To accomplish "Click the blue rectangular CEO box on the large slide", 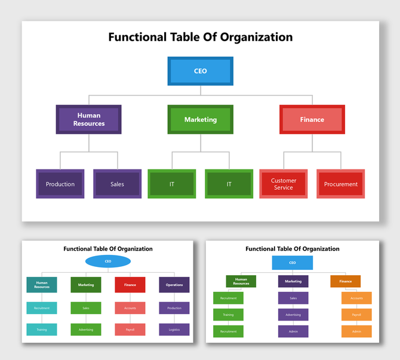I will coord(201,71).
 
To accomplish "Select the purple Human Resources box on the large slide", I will coord(89,119).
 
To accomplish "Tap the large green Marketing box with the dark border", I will coord(201,119).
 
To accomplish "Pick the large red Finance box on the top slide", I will coord(312,119).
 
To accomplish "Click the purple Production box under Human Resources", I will coord(60,184).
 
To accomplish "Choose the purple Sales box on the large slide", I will coord(118,184).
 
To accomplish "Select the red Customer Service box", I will coord(284,184).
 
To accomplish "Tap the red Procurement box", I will coord(341,184).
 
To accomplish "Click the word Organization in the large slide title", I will coord(256,37).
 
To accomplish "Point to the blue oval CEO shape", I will coord(108,261).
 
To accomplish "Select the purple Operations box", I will coord(174,285).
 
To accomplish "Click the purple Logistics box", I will coord(174,330).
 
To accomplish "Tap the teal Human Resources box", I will coord(42,285).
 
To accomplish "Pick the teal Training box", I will coord(42,330).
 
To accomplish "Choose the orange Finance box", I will coord(346,281).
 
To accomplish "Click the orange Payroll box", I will coord(356,315).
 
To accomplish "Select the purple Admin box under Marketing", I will coord(293,331).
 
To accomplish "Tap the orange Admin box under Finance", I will coord(356,331).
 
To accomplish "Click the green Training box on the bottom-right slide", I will coord(228,315).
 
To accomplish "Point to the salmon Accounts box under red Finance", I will coord(130,308).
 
